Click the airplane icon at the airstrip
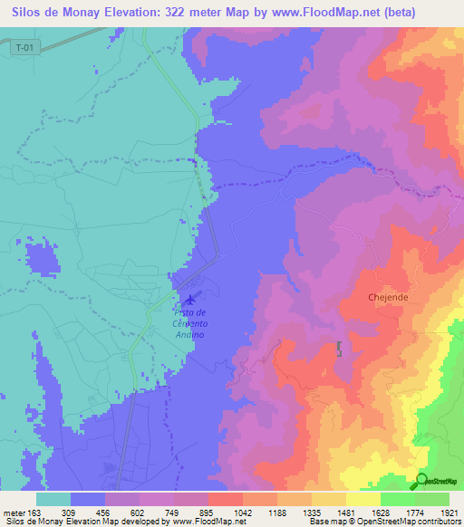189,299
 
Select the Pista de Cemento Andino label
189,323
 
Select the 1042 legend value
244,512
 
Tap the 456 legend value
105,512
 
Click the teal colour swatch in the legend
53,499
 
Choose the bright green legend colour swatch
398,499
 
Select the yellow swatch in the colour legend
363,499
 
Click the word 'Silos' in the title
24,12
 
